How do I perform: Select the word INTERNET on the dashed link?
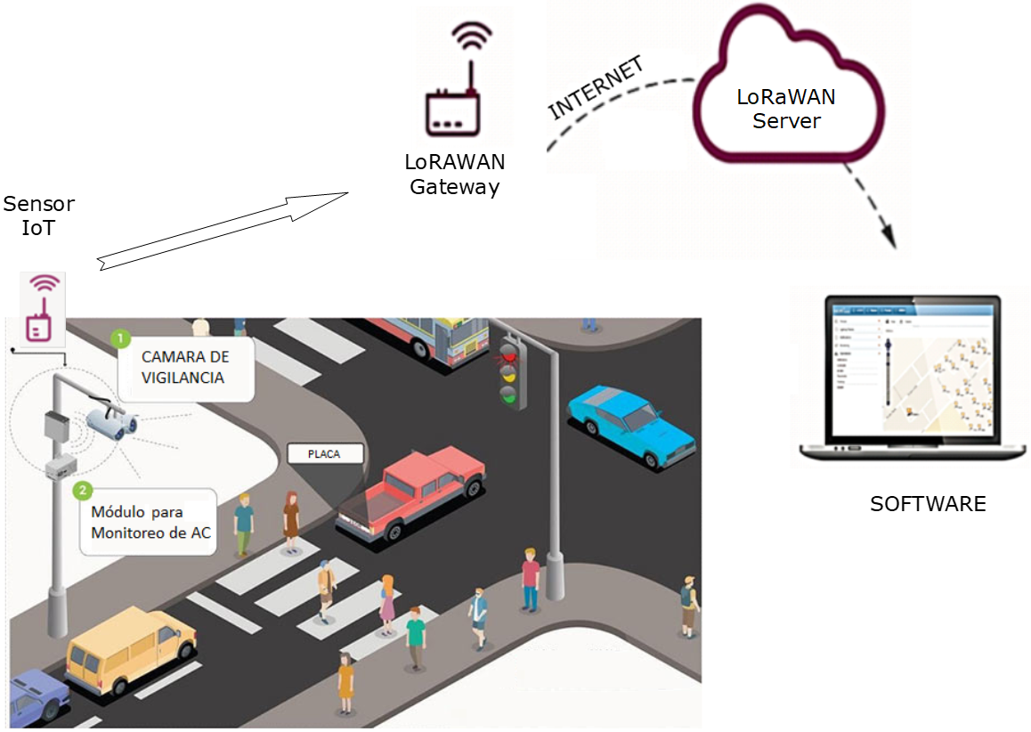point(596,88)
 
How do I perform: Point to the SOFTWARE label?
point(928,504)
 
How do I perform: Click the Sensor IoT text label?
point(39,216)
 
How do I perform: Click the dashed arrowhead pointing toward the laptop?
point(888,234)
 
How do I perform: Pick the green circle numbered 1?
point(120,339)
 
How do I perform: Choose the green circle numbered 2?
point(83,490)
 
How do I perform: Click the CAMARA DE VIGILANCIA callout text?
point(184,367)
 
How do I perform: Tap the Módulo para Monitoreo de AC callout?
point(149,521)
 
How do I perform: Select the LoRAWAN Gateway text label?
point(454,175)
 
